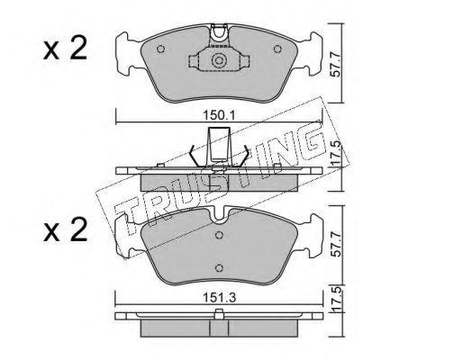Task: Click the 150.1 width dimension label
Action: point(220,115)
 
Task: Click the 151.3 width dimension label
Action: point(220,297)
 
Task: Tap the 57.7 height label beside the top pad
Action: point(335,64)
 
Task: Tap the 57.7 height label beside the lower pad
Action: point(335,244)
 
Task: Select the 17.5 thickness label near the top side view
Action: point(335,154)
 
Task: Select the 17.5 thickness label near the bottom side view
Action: point(335,300)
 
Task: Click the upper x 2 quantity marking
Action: point(65,48)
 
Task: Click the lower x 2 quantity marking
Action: point(65,229)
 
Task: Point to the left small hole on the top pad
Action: point(161,49)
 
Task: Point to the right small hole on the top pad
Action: point(277,49)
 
